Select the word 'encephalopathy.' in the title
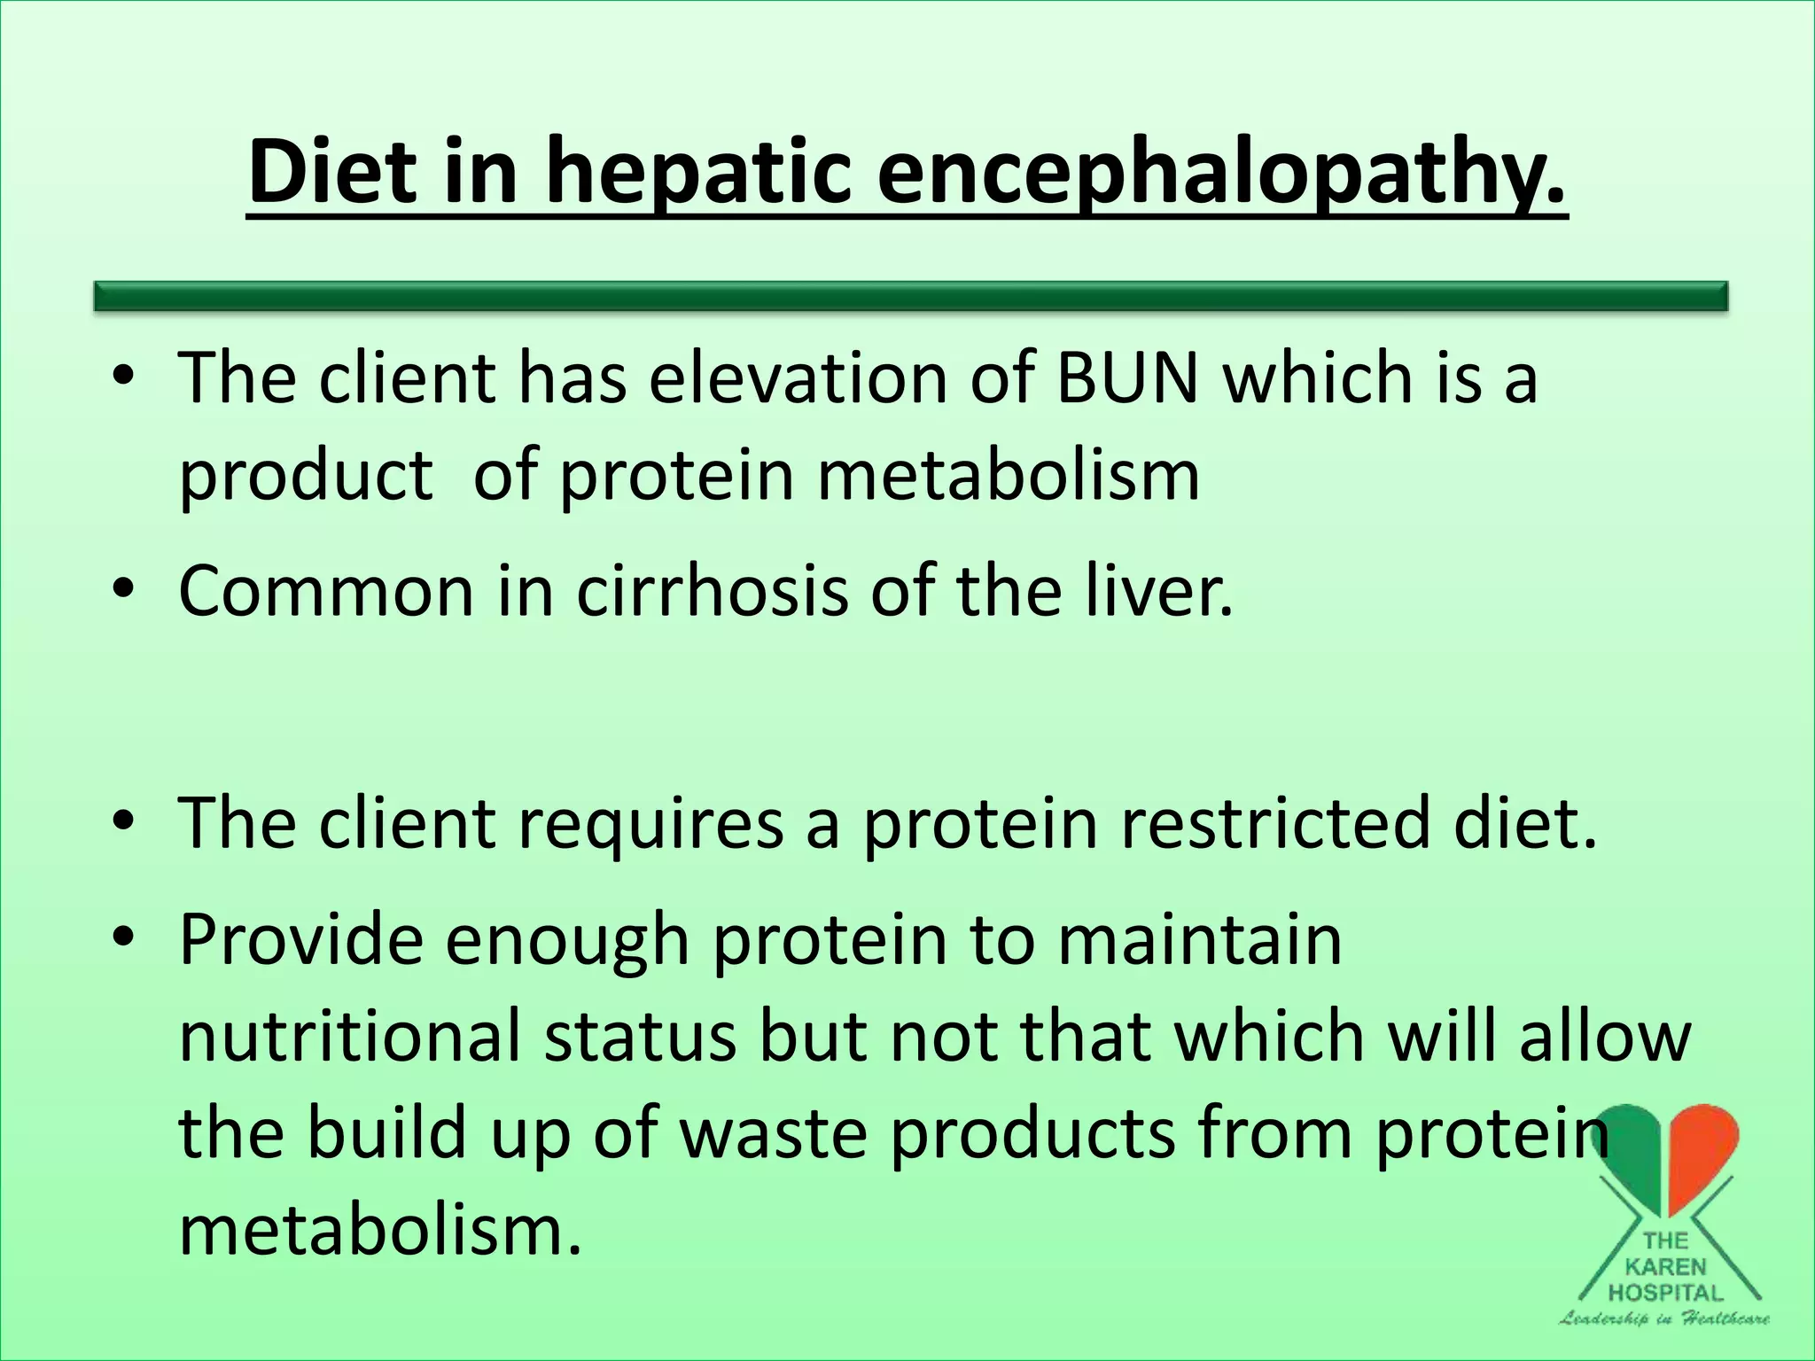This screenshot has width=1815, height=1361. point(1222,174)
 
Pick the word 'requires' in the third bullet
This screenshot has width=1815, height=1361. point(650,822)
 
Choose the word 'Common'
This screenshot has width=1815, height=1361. point(326,592)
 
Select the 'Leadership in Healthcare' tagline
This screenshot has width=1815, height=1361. point(1664,1318)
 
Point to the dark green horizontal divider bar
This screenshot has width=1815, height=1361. point(911,296)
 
